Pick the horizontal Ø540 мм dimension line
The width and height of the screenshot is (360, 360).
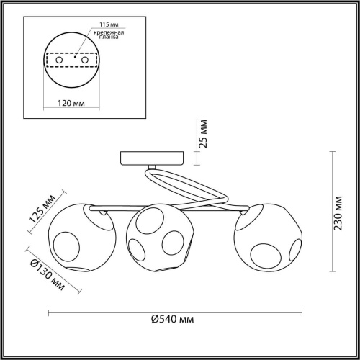coord(175,312)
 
